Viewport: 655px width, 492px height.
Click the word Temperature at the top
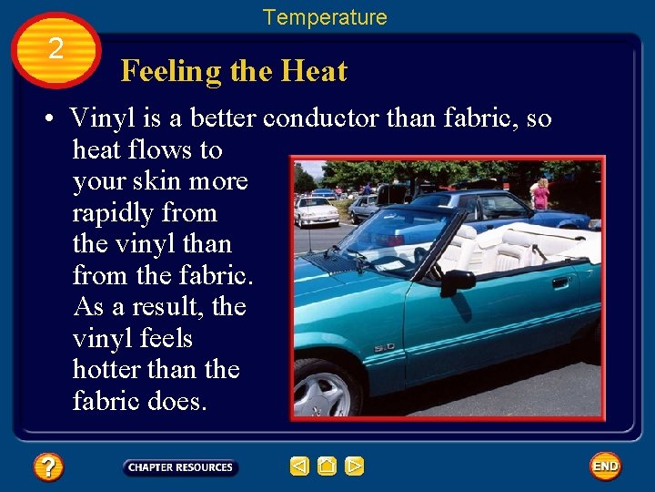click(x=325, y=17)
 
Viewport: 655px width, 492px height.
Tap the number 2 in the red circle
click(x=56, y=49)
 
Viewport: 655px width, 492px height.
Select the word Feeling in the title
click(x=171, y=72)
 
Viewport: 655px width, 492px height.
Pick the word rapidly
click(x=145, y=213)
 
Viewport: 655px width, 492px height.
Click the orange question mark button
click(x=48, y=467)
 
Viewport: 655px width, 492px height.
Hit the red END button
click(x=605, y=466)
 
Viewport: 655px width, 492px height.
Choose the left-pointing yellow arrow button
click(x=299, y=466)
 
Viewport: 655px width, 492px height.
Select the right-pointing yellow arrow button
click(x=355, y=466)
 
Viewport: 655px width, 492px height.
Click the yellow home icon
click(x=327, y=466)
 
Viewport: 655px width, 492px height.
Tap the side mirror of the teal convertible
click(x=457, y=280)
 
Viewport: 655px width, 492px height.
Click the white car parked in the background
click(x=316, y=211)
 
